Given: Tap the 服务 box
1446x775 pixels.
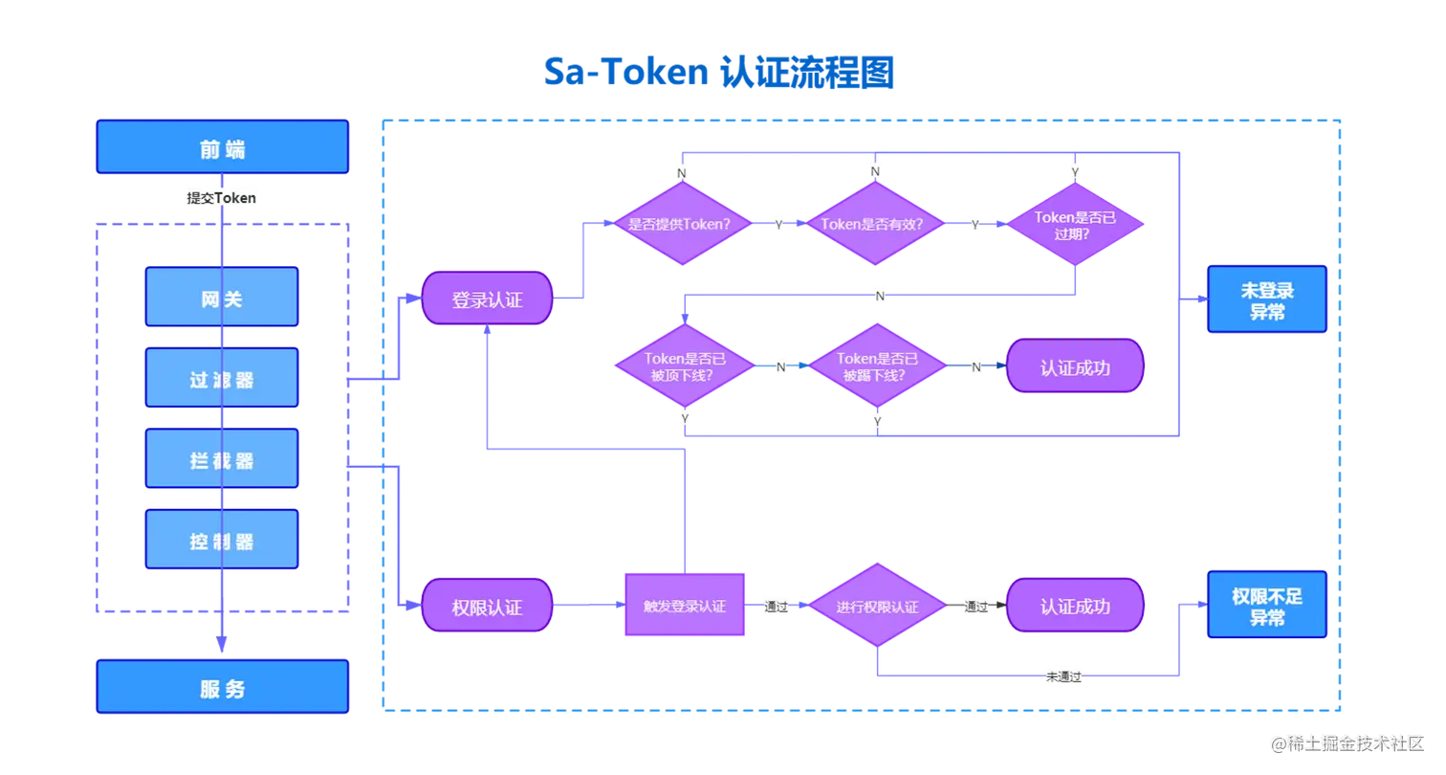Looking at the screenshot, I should [222, 688].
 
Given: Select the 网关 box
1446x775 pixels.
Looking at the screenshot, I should [222, 298].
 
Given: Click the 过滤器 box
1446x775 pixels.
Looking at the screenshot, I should [222, 379].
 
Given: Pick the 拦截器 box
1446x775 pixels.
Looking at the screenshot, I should [222, 460].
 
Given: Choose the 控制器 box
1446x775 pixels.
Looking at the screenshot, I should [222, 541].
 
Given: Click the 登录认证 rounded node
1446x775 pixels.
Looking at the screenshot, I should [487, 299].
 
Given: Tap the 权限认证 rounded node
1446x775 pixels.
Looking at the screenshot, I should [487, 607].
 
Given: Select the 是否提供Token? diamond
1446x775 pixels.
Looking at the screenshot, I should [679, 224].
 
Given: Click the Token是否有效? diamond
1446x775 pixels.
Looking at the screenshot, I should [875, 224].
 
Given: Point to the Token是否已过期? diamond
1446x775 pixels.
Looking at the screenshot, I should [1076, 224].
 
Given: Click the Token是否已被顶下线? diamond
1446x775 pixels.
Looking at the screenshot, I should [684, 365].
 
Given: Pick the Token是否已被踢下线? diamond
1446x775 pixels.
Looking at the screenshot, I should [877, 365].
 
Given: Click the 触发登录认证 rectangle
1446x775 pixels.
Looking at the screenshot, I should [684, 606].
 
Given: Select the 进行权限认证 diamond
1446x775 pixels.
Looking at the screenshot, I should [877, 607].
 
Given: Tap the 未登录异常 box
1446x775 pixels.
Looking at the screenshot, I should [1266, 299].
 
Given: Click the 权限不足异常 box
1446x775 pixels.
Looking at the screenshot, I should [1266, 606].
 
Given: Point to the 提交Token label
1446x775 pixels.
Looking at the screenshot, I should [222, 197].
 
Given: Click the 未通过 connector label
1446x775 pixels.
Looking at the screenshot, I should [1063, 675].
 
